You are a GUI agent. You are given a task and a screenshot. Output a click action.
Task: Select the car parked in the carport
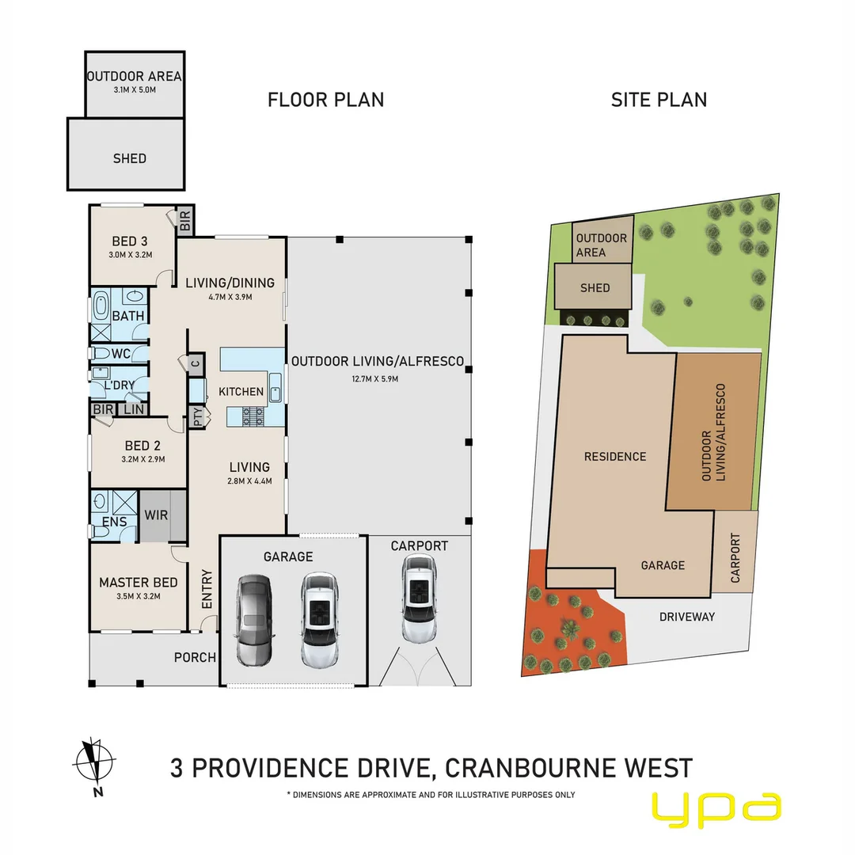(x=418, y=598)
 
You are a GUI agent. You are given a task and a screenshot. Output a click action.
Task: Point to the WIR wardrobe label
(x=156, y=515)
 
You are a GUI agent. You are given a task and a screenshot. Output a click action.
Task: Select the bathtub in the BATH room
(x=101, y=305)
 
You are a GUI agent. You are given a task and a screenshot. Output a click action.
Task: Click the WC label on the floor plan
(x=121, y=353)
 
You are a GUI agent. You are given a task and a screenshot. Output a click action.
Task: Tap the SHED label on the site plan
(x=595, y=288)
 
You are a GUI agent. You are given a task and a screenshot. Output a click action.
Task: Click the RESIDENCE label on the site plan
(x=614, y=457)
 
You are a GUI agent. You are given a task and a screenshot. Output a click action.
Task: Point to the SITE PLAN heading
(x=659, y=100)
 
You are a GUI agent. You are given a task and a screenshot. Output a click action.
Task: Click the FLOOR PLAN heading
(x=325, y=100)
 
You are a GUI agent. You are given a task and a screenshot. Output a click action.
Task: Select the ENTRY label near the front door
(x=207, y=589)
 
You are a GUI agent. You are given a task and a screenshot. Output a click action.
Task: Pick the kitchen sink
(x=275, y=388)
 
